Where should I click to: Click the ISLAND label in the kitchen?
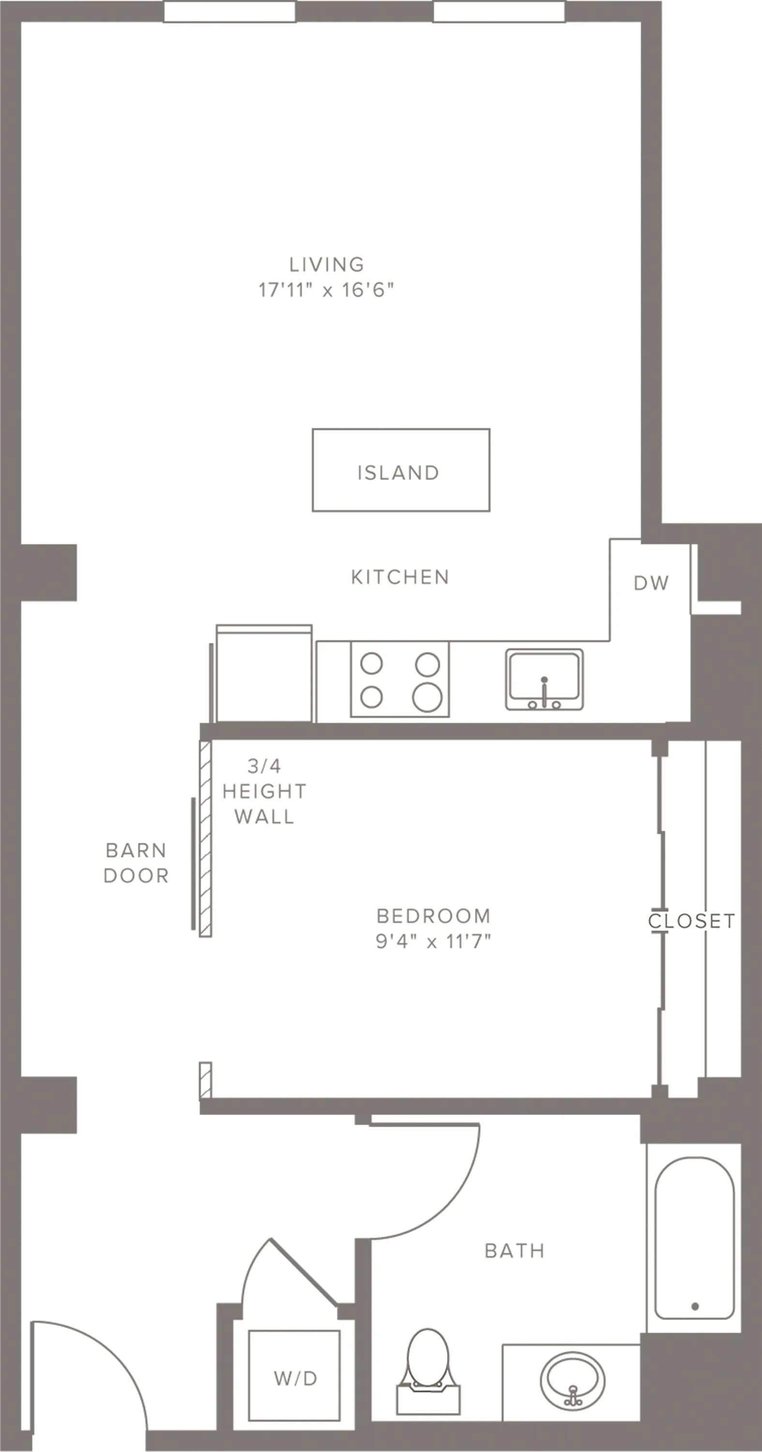pyautogui.click(x=399, y=473)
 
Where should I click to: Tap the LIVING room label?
pyautogui.click(x=327, y=264)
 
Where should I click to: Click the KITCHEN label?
pyautogui.click(x=400, y=577)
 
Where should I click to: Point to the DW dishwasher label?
pyautogui.click(x=652, y=583)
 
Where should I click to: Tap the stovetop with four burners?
pyautogui.click(x=400, y=679)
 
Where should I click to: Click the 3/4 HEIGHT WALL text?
pyautogui.click(x=264, y=791)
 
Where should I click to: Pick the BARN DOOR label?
pyautogui.click(x=136, y=863)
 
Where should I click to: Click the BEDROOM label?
pyautogui.click(x=433, y=916)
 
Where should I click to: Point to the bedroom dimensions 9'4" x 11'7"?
pyautogui.click(x=433, y=941)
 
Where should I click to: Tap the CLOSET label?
pyautogui.click(x=691, y=921)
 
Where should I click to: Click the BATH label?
pyautogui.click(x=515, y=1251)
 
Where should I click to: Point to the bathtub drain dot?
pyautogui.click(x=695, y=1306)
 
